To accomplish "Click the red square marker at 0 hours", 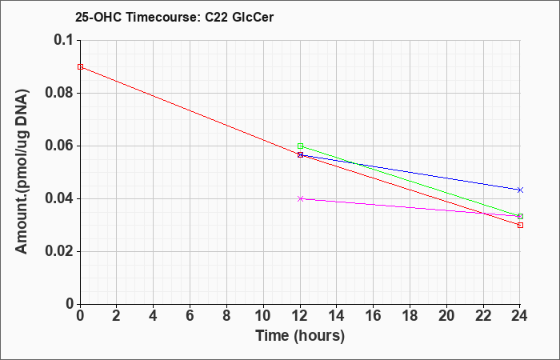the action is (80, 66).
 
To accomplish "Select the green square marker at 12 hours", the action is (300, 146).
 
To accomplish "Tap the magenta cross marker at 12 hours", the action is (300, 199).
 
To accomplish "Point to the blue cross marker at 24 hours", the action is (520, 190).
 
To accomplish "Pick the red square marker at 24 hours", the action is (520, 226).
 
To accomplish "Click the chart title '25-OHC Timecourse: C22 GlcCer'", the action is (174, 17).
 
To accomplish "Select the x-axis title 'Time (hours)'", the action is (300, 336).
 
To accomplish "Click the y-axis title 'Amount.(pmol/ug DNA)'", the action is (22, 172).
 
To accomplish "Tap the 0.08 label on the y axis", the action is (59, 93).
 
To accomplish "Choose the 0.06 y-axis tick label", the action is (59, 146).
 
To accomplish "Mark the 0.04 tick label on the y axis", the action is (59, 198).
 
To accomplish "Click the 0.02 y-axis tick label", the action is (59, 251).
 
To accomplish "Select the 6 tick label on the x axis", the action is (190, 316).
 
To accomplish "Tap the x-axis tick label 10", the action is (263, 316).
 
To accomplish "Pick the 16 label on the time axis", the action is (374, 316).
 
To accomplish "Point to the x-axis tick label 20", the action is (446, 316).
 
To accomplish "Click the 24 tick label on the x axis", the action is (520, 316).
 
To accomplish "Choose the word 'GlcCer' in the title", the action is (253, 17).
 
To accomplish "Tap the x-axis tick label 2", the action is (117, 316).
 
